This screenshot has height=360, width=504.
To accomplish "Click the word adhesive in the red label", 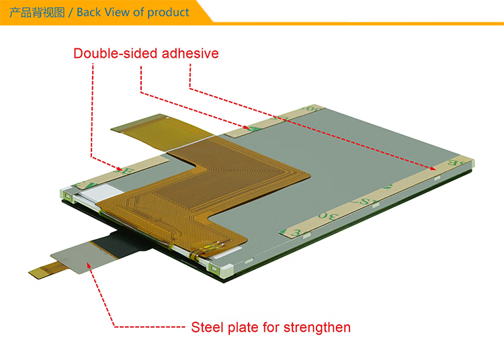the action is pyautogui.click(x=190, y=53).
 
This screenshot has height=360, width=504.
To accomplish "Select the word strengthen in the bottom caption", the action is pyautogui.click(x=317, y=328).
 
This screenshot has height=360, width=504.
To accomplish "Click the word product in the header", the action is pyautogui.click(x=168, y=13).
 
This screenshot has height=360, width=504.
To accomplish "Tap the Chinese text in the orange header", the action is pyautogui.click(x=37, y=13).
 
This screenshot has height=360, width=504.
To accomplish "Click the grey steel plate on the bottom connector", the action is pyautogui.click(x=82, y=257).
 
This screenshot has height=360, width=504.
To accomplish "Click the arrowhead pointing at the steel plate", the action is pyautogui.click(x=89, y=265).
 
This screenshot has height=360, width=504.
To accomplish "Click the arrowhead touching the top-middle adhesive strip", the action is pyautogui.click(x=246, y=127).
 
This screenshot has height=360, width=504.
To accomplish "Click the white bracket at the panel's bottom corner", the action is pyautogui.click(x=221, y=269).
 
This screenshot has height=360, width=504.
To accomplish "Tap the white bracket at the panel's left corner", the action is pyautogui.click(x=67, y=195).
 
